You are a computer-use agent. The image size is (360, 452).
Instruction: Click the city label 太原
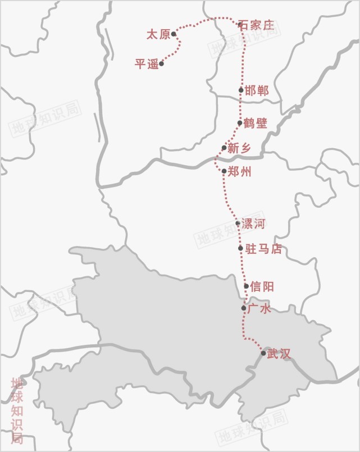pyautogui.click(x=158, y=35)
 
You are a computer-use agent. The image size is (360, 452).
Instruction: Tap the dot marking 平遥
pyautogui.click(x=161, y=63)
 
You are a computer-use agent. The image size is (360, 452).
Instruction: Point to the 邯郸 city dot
pyautogui.click(x=241, y=90)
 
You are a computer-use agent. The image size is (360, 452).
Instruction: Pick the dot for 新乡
pyautogui.click(x=224, y=148)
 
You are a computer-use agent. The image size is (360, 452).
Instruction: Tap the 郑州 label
pyautogui.click(x=240, y=172)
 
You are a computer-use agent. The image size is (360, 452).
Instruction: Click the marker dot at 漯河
pyautogui.click(x=238, y=223)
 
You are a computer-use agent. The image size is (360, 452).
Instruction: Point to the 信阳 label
pyautogui.click(x=262, y=286)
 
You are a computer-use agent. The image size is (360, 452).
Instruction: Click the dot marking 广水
pyautogui.click(x=243, y=308)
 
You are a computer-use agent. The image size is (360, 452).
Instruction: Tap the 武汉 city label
pyautogui.click(x=279, y=354)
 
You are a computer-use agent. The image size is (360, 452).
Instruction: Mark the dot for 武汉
pyautogui.click(x=263, y=353)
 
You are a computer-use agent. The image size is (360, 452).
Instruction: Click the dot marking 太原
pyautogui.click(x=174, y=34)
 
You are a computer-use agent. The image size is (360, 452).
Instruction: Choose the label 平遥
pyautogui.click(x=146, y=64)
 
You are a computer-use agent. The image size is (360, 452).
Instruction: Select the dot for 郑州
pyautogui.click(x=224, y=171)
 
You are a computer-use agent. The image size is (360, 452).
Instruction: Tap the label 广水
pyautogui.click(x=259, y=309)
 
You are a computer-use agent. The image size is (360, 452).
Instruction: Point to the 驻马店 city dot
pyautogui.click(x=240, y=248)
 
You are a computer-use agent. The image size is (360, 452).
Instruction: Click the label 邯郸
pyautogui.click(x=257, y=91)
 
